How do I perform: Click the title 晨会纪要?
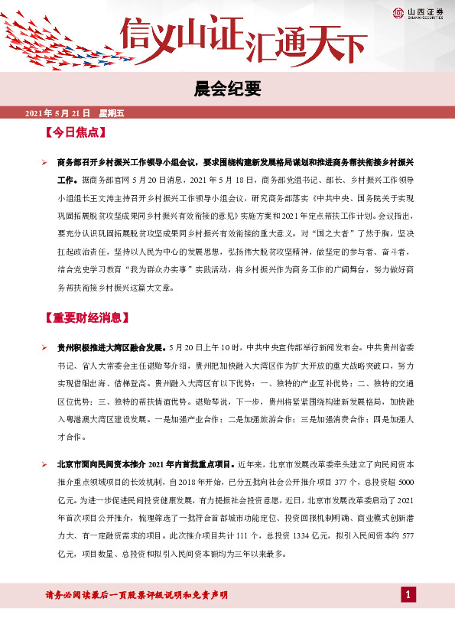pos(227,89)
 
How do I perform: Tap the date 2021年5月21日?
pos(57,113)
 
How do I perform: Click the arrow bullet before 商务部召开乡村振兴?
pos(46,161)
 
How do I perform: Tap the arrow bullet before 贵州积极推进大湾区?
pos(46,347)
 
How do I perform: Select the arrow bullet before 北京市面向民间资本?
pos(46,464)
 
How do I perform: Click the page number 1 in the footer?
pos(408,594)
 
